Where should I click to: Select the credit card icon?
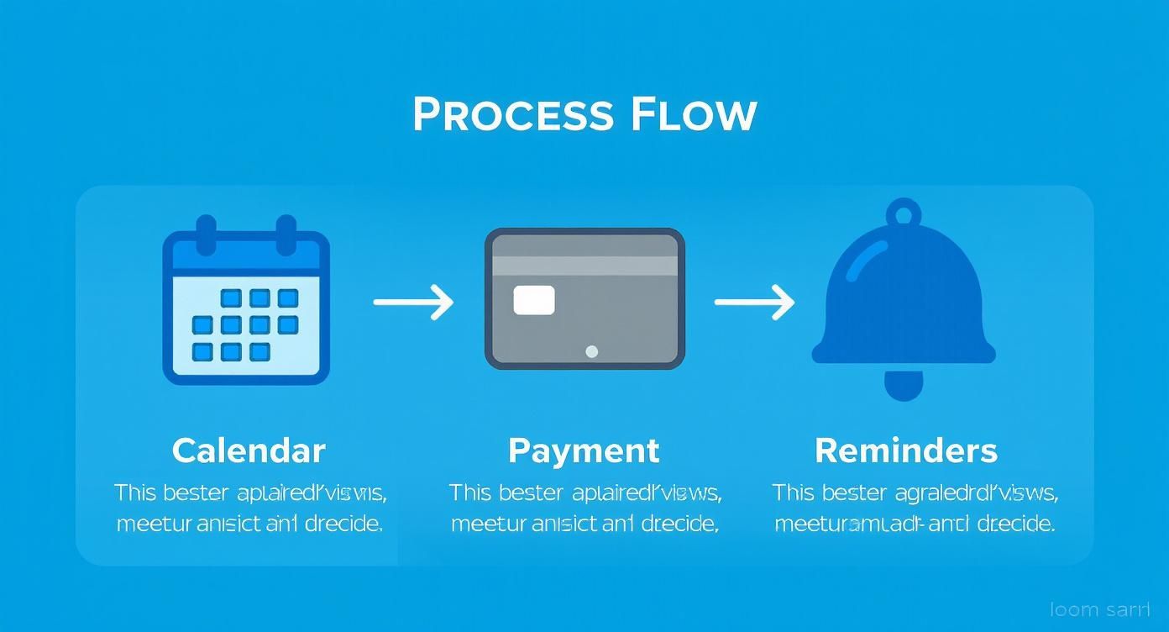tap(584, 298)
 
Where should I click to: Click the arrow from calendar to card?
tap(413, 302)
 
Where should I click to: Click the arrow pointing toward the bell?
tap(754, 302)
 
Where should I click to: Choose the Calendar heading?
tap(249, 451)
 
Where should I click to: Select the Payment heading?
tap(584, 451)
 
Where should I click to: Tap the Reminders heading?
tap(906, 451)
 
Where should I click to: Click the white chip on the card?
tap(534, 300)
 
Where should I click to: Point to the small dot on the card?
tap(591, 351)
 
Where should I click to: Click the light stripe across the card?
tap(584, 266)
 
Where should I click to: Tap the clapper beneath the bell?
tap(904, 386)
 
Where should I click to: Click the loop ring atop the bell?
tap(904, 213)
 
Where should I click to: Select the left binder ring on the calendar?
tap(207, 234)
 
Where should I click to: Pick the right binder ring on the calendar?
tap(286, 234)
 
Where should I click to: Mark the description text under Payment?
tap(584, 508)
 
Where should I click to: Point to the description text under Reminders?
tap(914, 508)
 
